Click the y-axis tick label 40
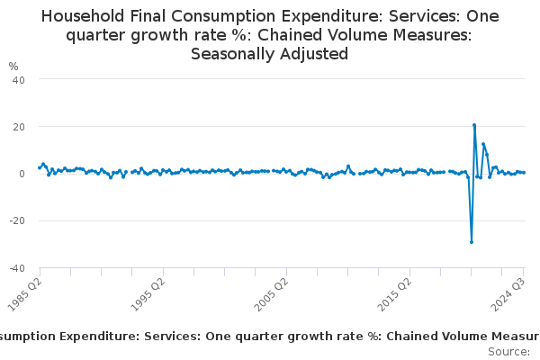(18, 79)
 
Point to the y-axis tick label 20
(18, 126)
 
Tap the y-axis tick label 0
(22, 174)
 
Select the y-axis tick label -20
(17, 220)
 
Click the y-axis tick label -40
(17, 268)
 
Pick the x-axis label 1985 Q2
(27, 292)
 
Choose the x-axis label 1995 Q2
(150, 292)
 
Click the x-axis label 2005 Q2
(273, 292)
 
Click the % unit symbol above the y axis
(13, 67)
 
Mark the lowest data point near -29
(472, 241)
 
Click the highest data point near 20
(474, 125)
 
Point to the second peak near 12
(483, 144)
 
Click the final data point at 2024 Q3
(524, 173)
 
